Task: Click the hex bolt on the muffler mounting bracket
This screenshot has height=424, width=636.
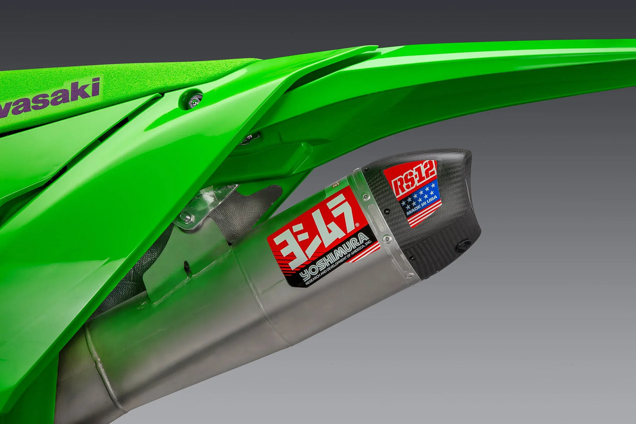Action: coord(185,216)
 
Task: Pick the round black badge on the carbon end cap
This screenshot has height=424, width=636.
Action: coord(463,245)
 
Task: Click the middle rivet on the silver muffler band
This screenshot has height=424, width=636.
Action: coord(387,238)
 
